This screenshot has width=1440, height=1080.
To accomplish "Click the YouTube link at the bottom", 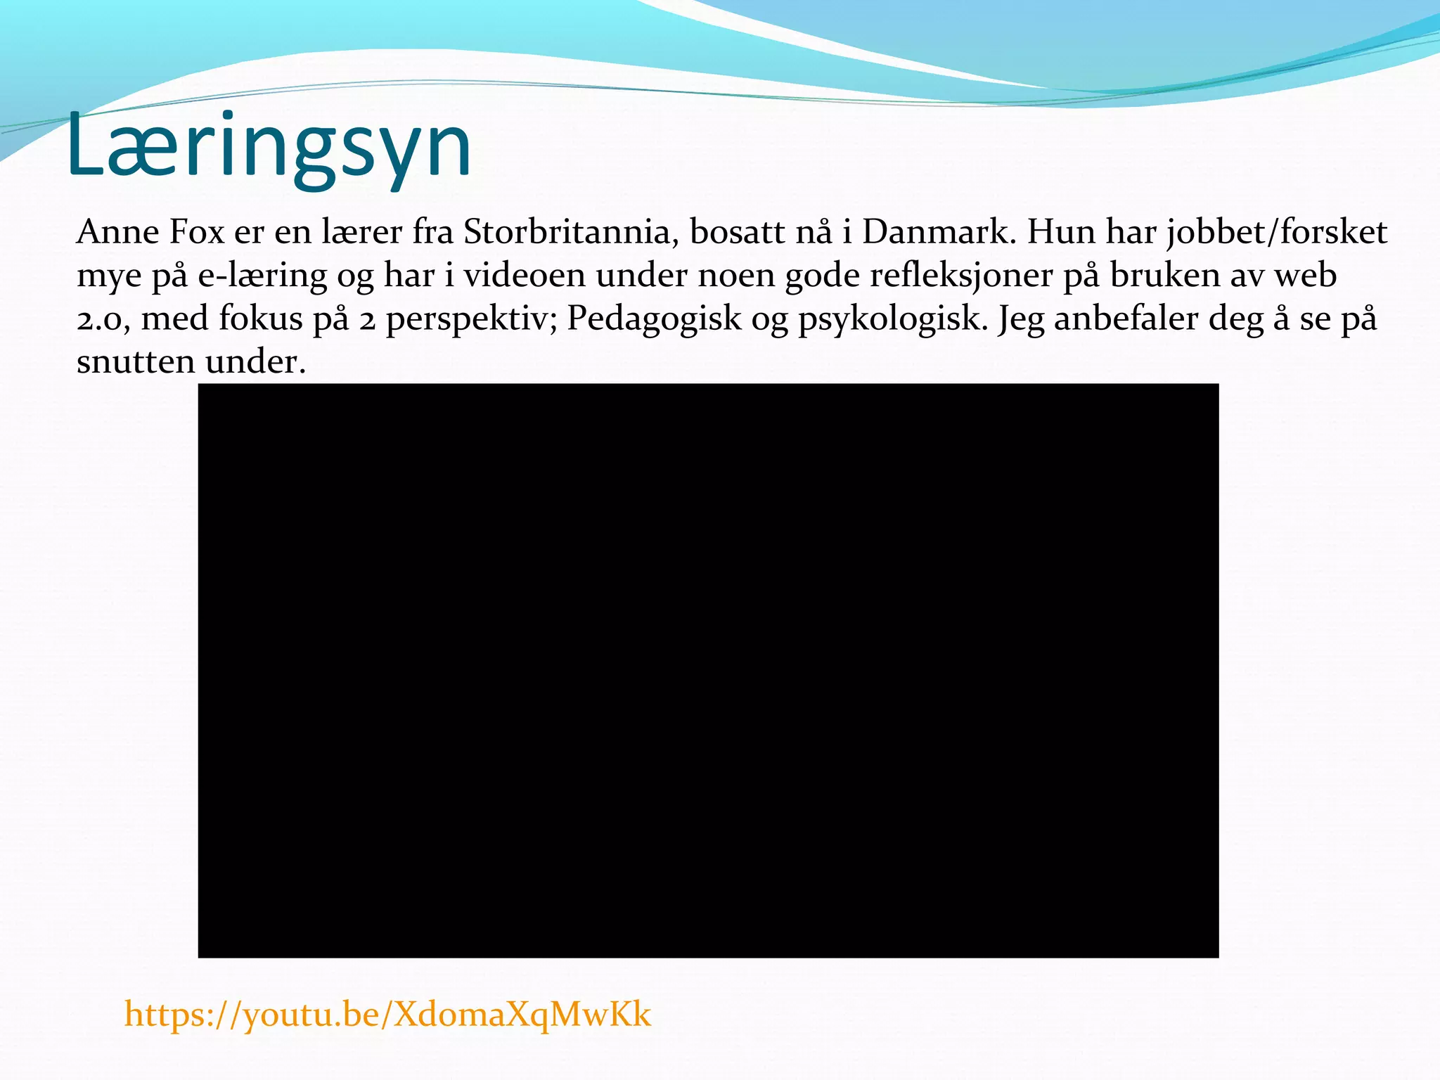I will (x=387, y=1014).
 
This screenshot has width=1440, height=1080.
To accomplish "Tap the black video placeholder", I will (x=708, y=670).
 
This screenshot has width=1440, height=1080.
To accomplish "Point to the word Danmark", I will (x=939, y=232).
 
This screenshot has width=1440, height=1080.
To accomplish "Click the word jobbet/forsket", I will (x=1277, y=232).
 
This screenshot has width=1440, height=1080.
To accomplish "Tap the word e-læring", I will (x=262, y=276).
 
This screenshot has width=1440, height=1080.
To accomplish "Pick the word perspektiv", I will (x=472, y=319).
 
